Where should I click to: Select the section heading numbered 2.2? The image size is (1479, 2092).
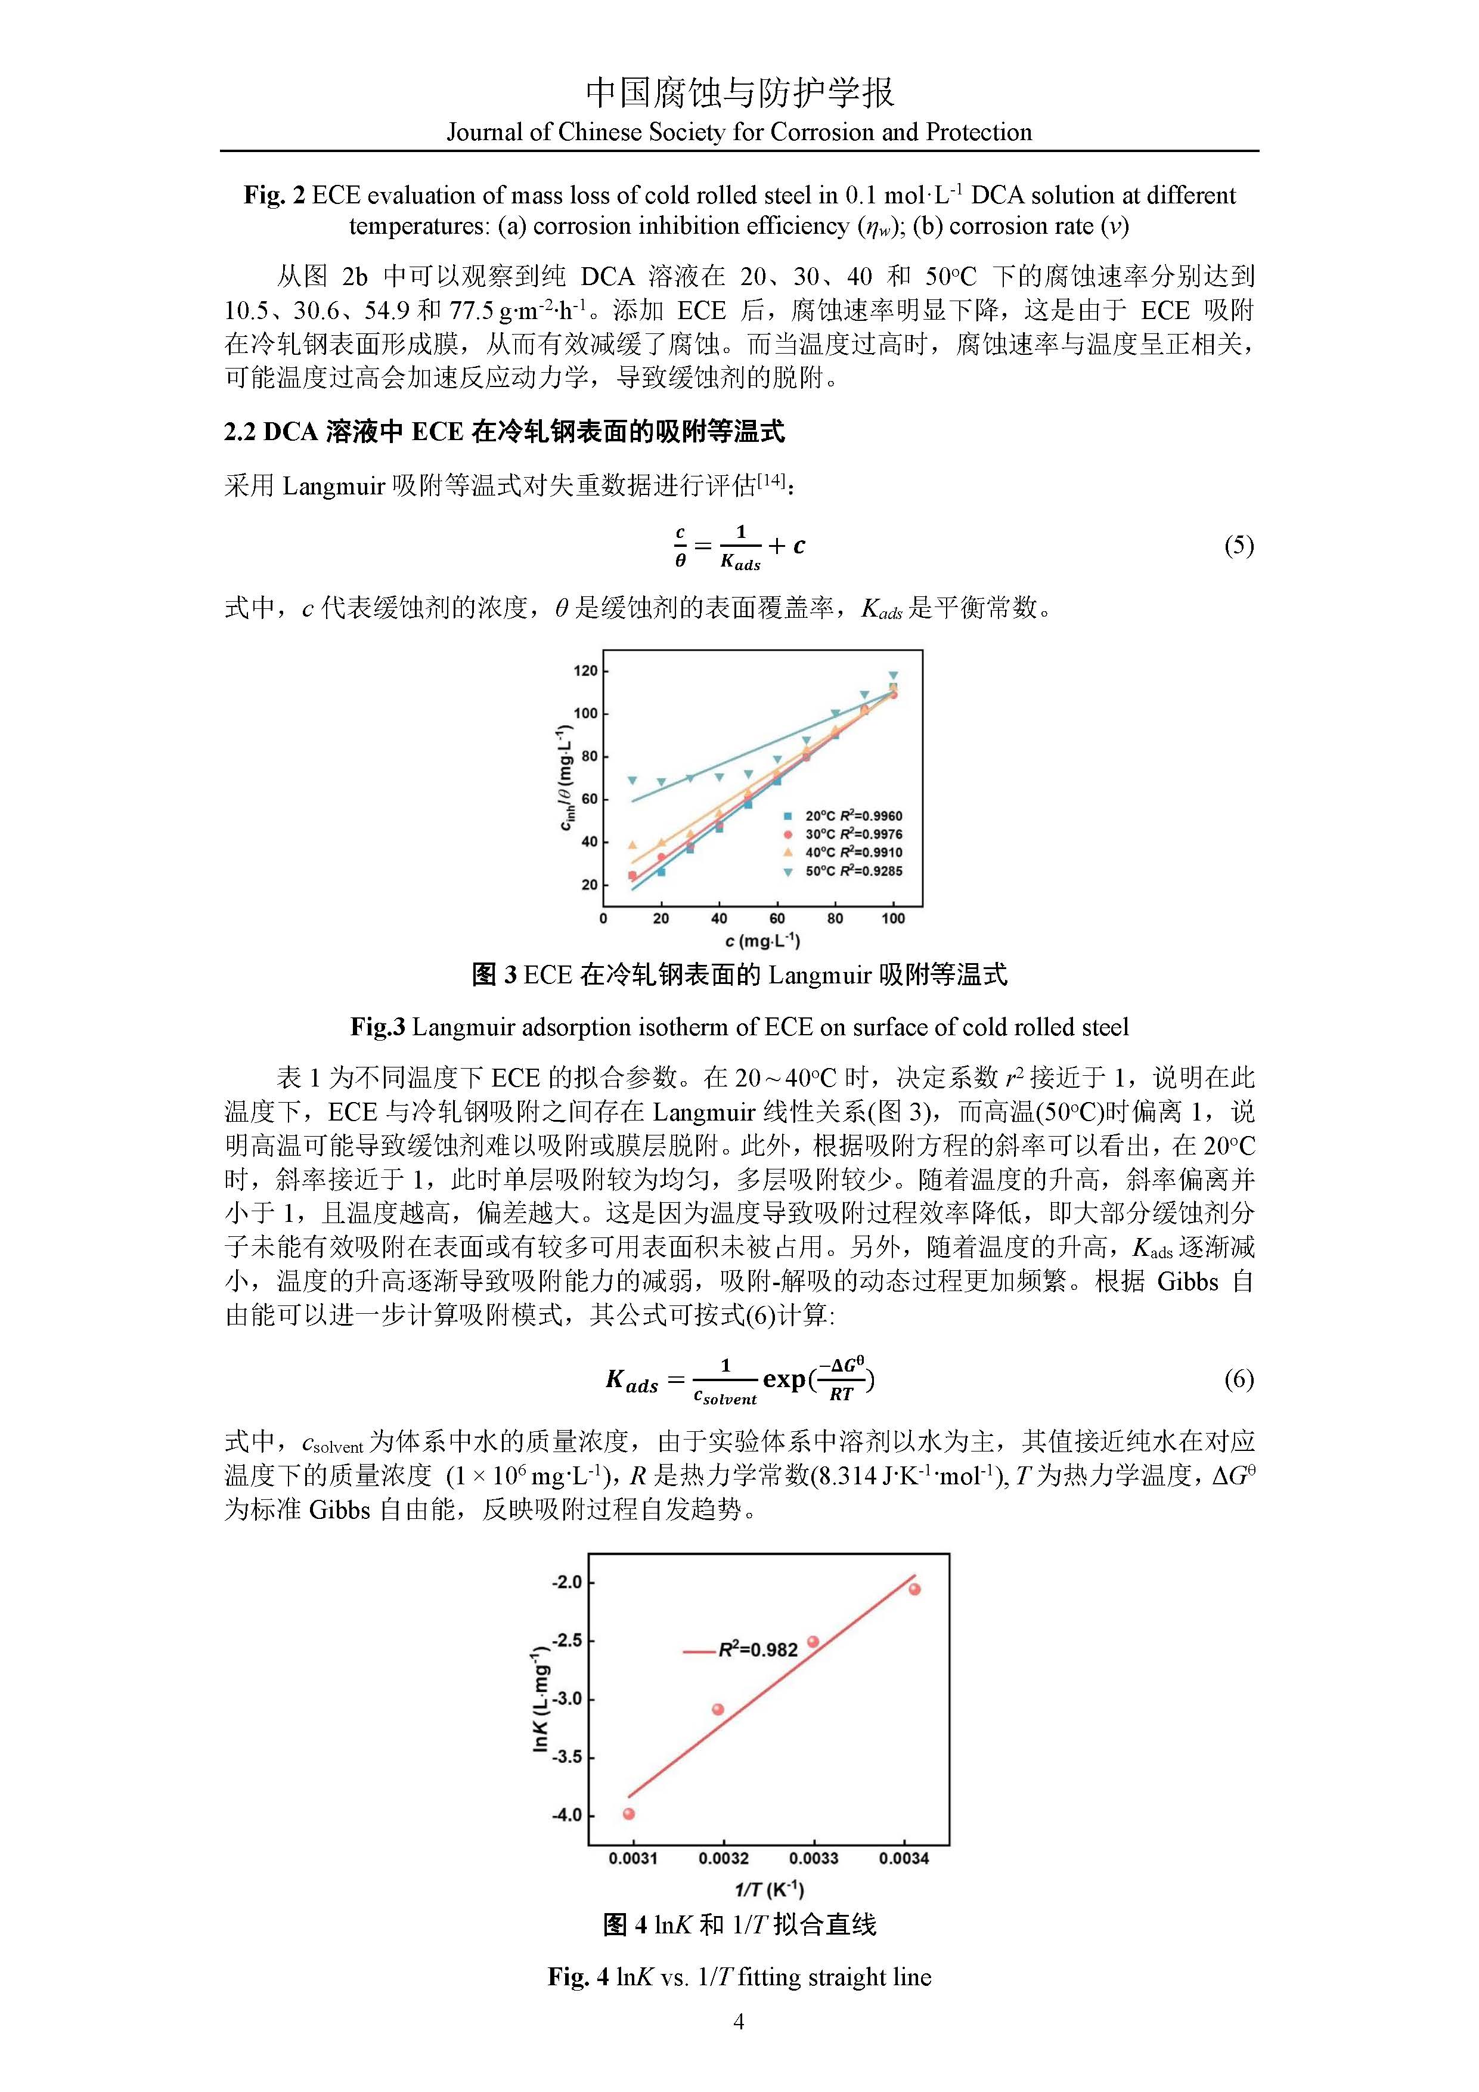click(x=504, y=431)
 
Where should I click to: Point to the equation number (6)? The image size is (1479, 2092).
click(x=1239, y=1379)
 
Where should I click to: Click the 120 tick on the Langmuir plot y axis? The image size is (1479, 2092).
click(x=585, y=671)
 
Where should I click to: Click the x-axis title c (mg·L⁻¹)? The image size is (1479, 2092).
click(x=762, y=940)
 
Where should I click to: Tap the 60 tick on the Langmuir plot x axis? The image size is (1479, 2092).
click(x=777, y=918)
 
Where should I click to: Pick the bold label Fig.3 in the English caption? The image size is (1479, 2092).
click(x=377, y=1028)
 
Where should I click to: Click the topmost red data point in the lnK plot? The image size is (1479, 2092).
click(x=914, y=1589)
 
